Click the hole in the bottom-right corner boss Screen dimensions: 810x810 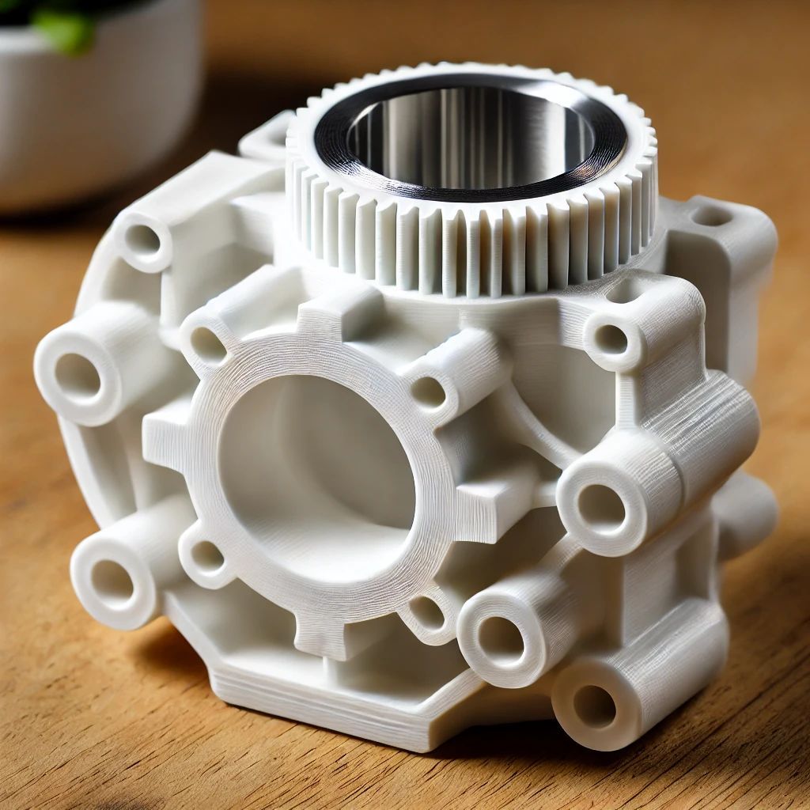pos(595,706)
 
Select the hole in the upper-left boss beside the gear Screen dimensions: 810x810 pos(143,239)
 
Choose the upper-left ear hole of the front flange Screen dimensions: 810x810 pos(208,346)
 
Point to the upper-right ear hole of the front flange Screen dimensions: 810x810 pos(428,392)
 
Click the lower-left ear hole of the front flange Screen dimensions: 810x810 pos(207,556)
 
